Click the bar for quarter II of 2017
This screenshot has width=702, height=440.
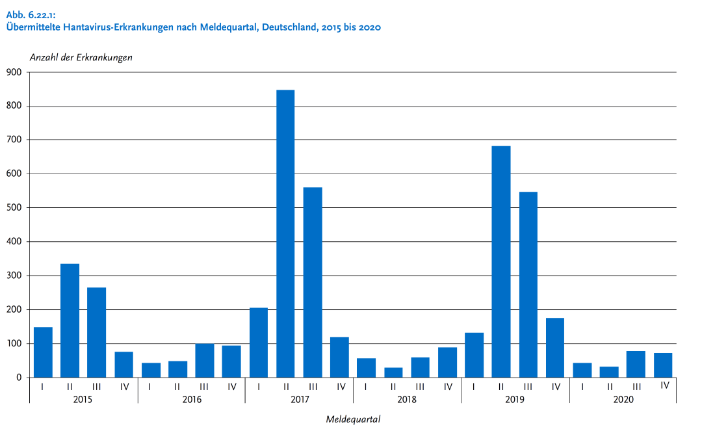(x=285, y=234)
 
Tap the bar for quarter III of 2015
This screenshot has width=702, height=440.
(x=97, y=332)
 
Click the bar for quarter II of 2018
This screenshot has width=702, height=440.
(x=393, y=372)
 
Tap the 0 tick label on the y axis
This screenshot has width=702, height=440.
(x=19, y=378)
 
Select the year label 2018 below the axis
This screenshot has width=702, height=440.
(x=407, y=399)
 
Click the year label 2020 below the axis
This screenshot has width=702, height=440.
(x=623, y=399)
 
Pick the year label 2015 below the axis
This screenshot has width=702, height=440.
(x=83, y=399)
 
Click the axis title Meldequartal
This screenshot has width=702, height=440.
(x=353, y=419)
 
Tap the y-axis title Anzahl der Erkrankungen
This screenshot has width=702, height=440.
(x=81, y=57)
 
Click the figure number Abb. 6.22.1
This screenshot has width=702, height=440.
(x=30, y=15)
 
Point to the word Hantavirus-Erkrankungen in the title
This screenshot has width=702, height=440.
(x=117, y=27)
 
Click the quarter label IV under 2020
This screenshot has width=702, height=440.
(x=664, y=385)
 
